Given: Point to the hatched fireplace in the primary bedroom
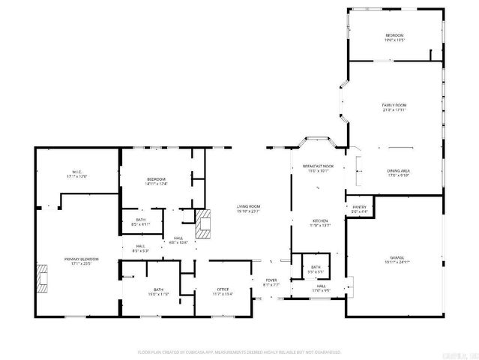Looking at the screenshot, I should pos(45,277).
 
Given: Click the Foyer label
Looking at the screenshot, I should pos(271,281).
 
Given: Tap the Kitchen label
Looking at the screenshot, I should pos(320,222).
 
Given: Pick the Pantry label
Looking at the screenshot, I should pos(359,209).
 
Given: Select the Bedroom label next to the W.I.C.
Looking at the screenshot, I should pos(156,180).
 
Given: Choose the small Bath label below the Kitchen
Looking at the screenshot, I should pos(316,268).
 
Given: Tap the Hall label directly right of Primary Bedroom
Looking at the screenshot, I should pos(141,248).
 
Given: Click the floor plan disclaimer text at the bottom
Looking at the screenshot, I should pos(239,351).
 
